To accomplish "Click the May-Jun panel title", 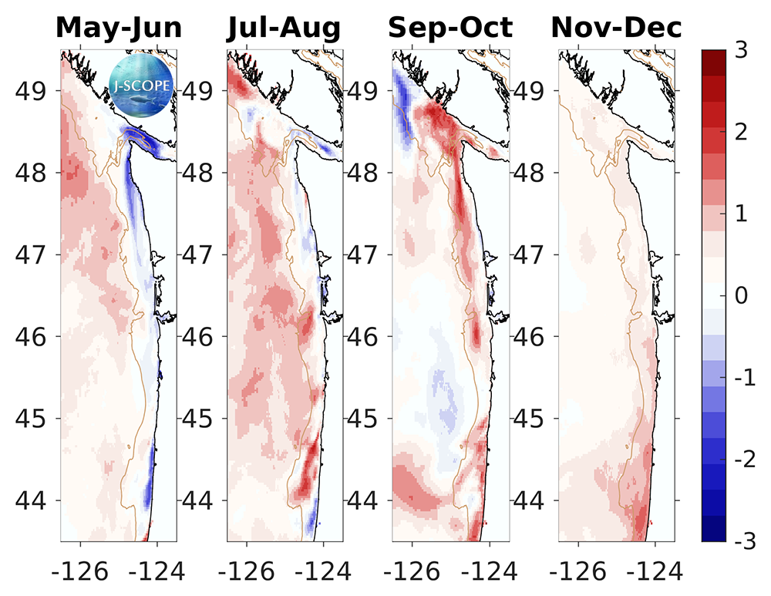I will pyautogui.click(x=119, y=29).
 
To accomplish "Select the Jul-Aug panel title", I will pyautogui.click(x=284, y=29).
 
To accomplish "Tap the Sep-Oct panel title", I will pyautogui.click(x=450, y=29).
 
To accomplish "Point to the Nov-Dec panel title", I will pyautogui.click(x=616, y=29).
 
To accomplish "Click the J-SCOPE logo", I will pyautogui.click(x=141, y=83).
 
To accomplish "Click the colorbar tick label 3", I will pyautogui.click(x=742, y=49).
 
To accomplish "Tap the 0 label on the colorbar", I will pyautogui.click(x=742, y=296).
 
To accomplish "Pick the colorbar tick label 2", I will pyautogui.click(x=742, y=132).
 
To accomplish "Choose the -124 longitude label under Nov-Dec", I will pyautogui.click(x=655, y=571).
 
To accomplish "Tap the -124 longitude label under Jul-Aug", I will pyautogui.click(x=323, y=571).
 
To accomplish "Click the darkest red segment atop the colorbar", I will pyautogui.click(x=713, y=58).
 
